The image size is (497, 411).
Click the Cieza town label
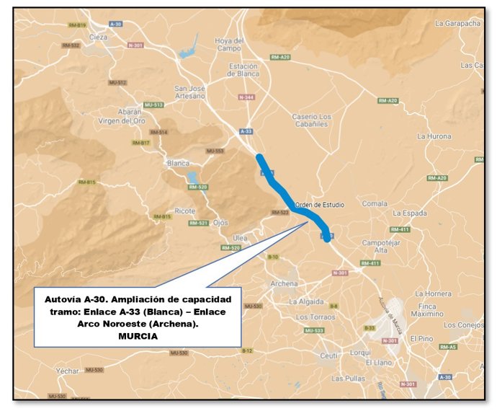[99, 36]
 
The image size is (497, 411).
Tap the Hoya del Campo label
[228, 44]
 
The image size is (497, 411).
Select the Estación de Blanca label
[243, 70]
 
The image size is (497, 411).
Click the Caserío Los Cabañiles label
[311, 120]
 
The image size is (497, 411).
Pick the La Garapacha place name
[457, 23]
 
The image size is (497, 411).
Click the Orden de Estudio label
[320, 205]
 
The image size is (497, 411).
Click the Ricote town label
[184, 211]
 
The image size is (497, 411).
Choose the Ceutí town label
[329, 355]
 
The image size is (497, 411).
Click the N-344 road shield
[246, 97]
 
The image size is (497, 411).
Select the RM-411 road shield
[400, 229]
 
